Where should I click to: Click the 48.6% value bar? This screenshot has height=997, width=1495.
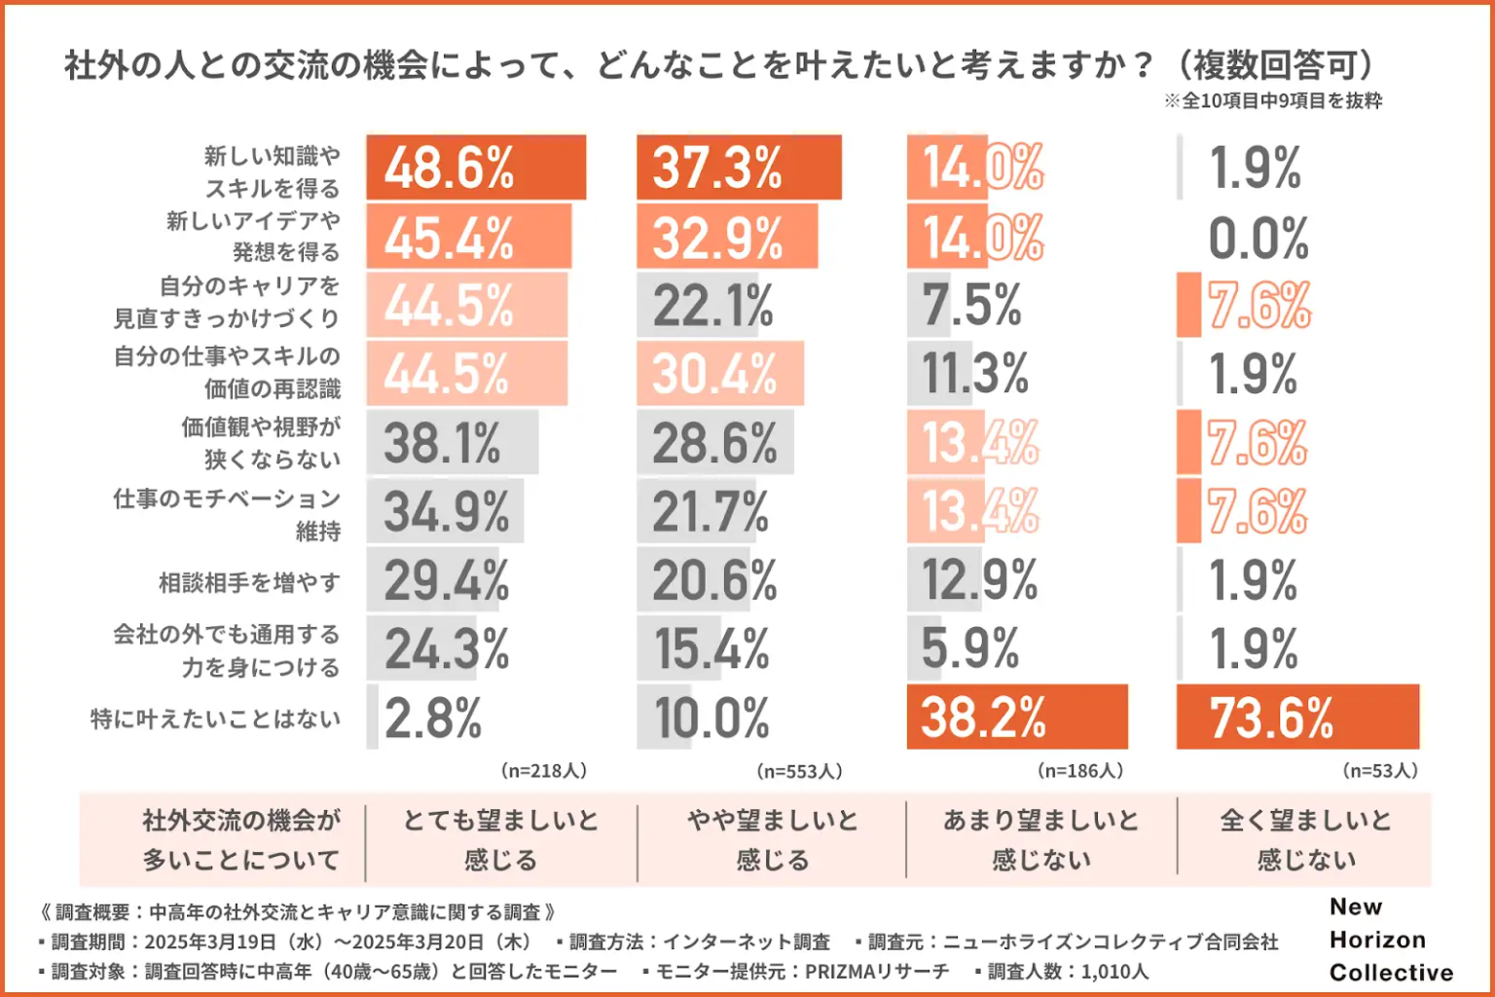pos(476,167)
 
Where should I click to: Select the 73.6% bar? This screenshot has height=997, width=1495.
pos(1297,718)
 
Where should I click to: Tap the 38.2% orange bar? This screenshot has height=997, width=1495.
pos(1016,718)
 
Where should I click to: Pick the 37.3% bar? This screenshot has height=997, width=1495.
pos(739,167)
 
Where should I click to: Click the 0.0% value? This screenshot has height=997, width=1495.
pos(1258,239)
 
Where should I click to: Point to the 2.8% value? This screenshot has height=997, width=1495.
pos(433,720)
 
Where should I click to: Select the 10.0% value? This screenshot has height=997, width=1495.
pos(711,720)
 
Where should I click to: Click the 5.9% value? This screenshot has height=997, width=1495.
pos(970,648)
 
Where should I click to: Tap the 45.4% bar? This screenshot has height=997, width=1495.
pos(469,238)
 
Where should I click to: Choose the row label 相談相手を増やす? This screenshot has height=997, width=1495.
pos(250,583)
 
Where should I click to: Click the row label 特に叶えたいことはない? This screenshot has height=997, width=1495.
pos(216,720)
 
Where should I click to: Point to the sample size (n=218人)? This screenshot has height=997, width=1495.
pos(544,771)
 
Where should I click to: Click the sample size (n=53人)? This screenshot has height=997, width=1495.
pos(1380,771)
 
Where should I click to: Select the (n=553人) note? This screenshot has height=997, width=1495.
pos(799,771)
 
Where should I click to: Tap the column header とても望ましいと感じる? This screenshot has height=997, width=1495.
pos(500,839)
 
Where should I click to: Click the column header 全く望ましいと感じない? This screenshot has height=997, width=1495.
pos(1305,839)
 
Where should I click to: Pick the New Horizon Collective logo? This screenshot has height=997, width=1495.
pos(1391,940)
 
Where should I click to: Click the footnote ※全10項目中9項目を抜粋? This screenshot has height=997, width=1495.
pos(1273,101)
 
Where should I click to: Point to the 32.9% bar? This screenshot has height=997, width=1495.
pos(727,238)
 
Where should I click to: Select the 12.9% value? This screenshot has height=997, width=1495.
pos(979,580)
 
